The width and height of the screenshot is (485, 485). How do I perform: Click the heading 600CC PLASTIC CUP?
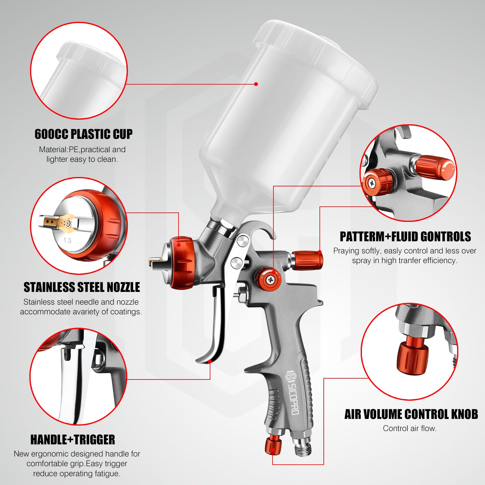(83, 134)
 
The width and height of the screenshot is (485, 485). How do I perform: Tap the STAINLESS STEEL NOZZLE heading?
(82, 287)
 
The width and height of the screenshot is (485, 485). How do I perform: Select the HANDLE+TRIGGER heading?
(73, 440)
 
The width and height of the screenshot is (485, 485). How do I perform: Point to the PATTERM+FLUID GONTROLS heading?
(405, 237)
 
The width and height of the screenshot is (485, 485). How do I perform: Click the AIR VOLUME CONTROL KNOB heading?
(411, 414)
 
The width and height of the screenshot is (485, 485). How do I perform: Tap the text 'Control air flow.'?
(410, 428)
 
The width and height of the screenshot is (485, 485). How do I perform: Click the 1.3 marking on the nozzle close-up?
(67, 240)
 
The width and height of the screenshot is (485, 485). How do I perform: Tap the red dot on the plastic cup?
(256, 84)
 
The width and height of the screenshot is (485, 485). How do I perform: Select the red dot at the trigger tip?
(210, 361)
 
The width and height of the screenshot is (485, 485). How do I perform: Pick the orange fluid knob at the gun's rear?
(308, 260)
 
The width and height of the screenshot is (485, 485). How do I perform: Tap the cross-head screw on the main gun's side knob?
(270, 280)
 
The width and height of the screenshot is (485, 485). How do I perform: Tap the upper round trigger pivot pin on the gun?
(243, 241)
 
